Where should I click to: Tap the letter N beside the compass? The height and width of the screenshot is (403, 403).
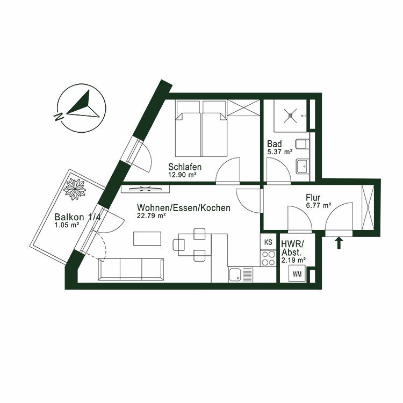point(57,114)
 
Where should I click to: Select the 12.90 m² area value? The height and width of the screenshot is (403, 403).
point(182,175)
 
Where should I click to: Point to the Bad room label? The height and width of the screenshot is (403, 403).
point(274,144)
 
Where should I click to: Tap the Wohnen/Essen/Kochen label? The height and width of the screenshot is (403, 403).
point(183,208)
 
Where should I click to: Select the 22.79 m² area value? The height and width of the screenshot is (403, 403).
point(152,216)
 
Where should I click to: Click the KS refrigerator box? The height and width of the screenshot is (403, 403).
point(268,243)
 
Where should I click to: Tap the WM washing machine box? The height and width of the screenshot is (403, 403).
point(297,274)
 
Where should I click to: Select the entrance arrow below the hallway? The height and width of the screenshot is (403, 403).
point(339,243)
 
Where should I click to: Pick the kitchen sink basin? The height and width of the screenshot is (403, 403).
point(235,275)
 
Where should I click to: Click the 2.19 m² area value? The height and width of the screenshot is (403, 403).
point(293,260)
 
